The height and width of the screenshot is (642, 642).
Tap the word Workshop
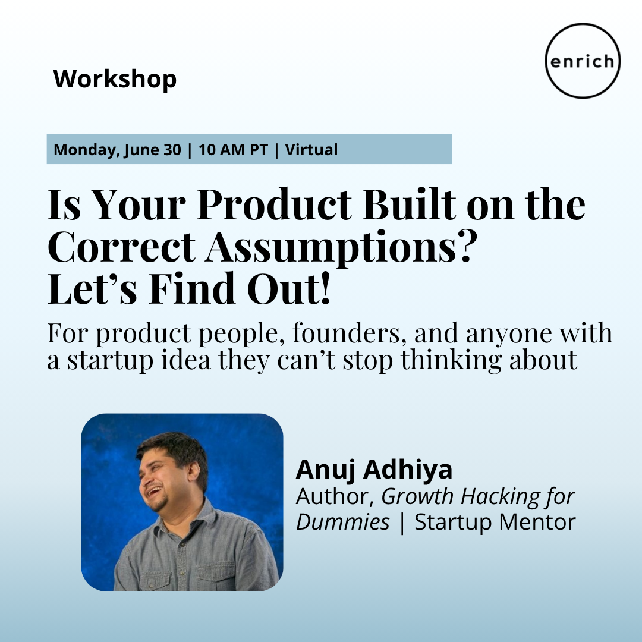(115, 79)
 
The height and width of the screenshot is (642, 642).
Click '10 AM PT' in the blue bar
(233, 150)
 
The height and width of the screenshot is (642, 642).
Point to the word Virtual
(311, 150)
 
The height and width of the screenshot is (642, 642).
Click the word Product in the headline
(274, 204)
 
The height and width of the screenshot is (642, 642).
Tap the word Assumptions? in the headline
(341, 247)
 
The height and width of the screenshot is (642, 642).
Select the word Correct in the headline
(122, 247)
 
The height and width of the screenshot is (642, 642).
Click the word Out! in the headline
(289, 288)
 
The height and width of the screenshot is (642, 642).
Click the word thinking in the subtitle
(451, 360)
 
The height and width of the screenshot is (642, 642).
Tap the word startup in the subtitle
(111, 360)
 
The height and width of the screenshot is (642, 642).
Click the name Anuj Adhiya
(374, 470)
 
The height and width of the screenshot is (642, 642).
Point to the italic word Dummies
(343, 522)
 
